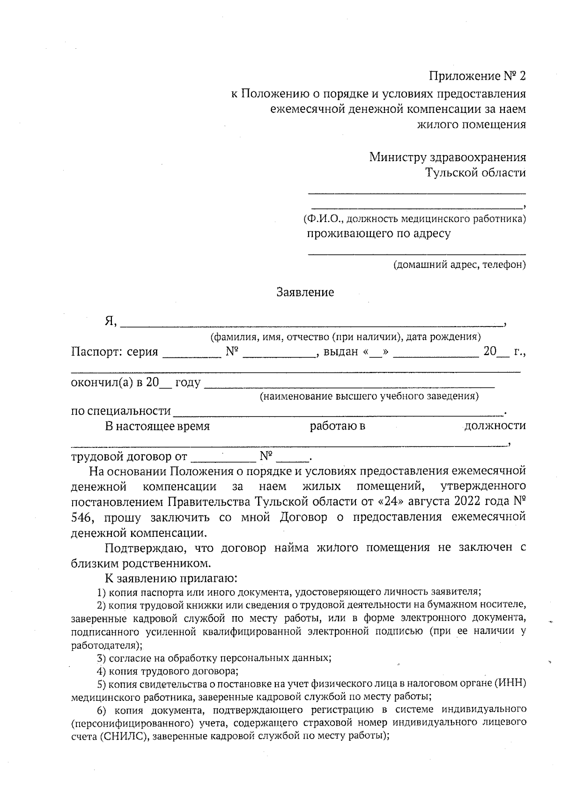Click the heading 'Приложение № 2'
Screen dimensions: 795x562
(478, 76)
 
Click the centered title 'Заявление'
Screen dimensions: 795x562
(305, 292)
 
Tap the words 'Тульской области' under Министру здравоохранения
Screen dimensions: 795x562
(475, 173)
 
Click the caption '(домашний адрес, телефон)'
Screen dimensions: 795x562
(459, 265)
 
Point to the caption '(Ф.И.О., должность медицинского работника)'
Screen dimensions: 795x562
(414, 219)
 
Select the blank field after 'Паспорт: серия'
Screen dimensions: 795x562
(192, 352)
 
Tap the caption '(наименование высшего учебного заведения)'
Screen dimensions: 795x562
(369, 396)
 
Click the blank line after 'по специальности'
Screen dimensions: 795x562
(337, 411)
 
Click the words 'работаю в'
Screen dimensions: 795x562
(337, 426)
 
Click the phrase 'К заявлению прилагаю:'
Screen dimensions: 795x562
(172, 577)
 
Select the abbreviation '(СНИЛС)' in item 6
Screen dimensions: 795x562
(124, 736)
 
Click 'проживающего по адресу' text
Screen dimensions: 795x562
(378, 234)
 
